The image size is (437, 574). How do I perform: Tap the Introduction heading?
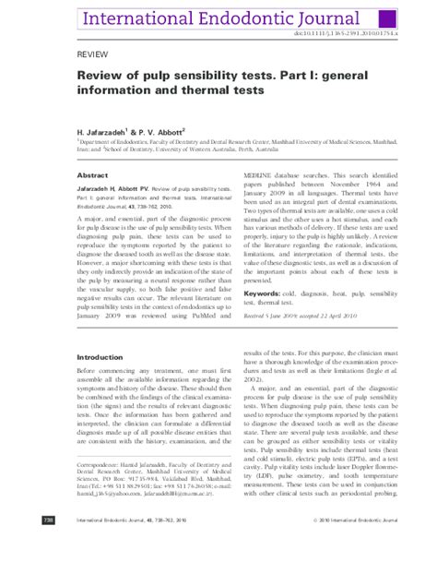click(100, 356)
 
